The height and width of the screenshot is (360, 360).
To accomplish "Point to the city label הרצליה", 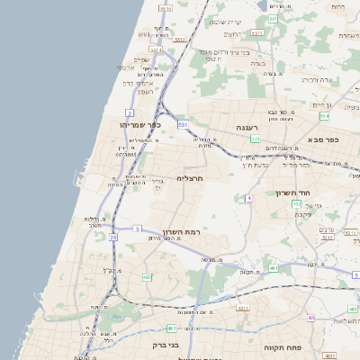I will coord(192,178).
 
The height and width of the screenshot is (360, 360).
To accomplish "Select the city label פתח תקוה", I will coord(280,346).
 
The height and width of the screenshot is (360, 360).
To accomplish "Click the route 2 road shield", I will coord(130,112).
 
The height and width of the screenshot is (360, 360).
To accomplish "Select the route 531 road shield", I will coord(183,123).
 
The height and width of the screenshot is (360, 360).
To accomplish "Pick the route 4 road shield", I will coord(248,197).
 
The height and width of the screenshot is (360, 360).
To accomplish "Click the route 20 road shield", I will coord(113,237).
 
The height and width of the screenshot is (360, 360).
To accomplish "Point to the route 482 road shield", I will coord(147,277).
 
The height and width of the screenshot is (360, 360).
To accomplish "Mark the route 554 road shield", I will coord(324,116).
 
